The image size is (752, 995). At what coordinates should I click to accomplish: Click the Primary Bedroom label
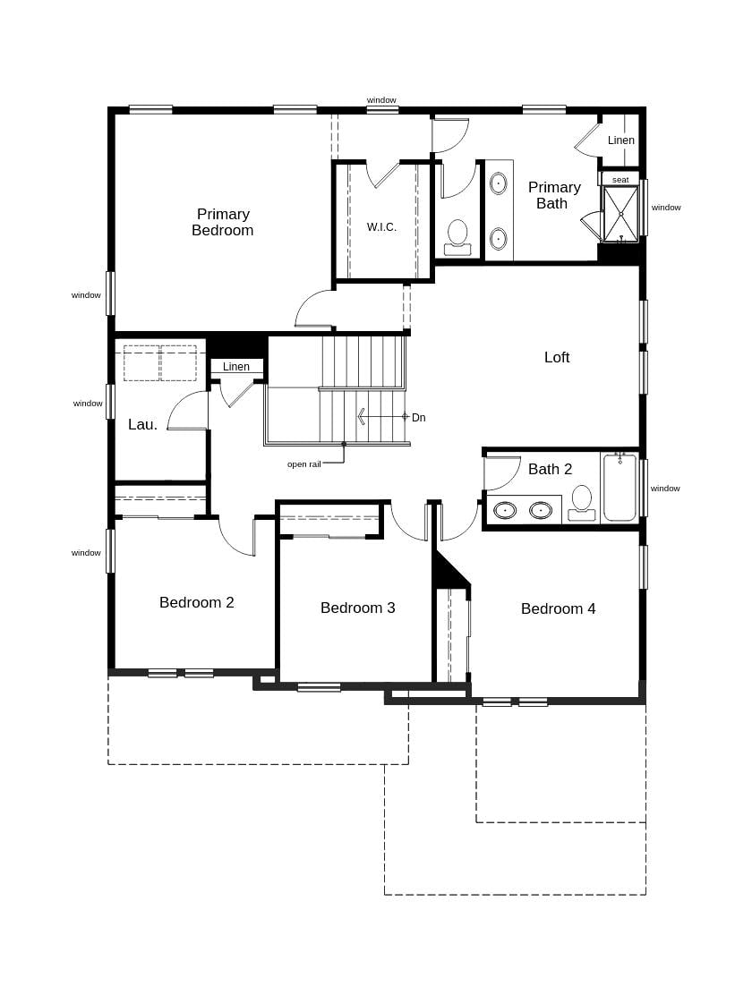[x=222, y=222]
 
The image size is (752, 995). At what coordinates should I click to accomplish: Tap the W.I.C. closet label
[x=381, y=226]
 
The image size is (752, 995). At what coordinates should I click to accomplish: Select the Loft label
[x=557, y=357]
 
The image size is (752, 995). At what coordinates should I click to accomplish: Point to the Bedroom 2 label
[x=197, y=602]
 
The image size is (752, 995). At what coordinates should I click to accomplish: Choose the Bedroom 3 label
[x=357, y=608]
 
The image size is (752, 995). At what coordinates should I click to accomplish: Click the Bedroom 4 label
[x=559, y=608]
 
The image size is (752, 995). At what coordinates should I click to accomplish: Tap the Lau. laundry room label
[x=143, y=424]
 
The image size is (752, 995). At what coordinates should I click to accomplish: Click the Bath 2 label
[x=550, y=469]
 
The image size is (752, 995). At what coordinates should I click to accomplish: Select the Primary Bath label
[x=554, y=195]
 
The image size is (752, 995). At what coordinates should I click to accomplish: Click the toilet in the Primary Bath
[x=457, y=237]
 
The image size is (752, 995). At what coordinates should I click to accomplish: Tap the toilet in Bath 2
[x=582, y=503]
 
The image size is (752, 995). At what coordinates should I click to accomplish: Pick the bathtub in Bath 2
[x=620, y=488]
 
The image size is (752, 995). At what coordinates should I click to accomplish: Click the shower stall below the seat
[x=620, y=215]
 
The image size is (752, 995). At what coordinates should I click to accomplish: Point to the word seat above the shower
[x=620, y=180]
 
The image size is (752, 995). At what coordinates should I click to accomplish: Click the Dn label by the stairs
[x=419, y=418]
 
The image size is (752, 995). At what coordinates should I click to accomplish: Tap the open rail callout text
[x=304, y=464]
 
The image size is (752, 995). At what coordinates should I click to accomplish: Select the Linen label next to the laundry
[x=236, y=367]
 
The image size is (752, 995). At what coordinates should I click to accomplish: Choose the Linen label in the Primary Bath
[x=621, y=140]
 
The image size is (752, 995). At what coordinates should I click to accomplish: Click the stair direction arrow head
[x=361, y=417]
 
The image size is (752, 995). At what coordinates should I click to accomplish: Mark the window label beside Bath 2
[x=665, y=488]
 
